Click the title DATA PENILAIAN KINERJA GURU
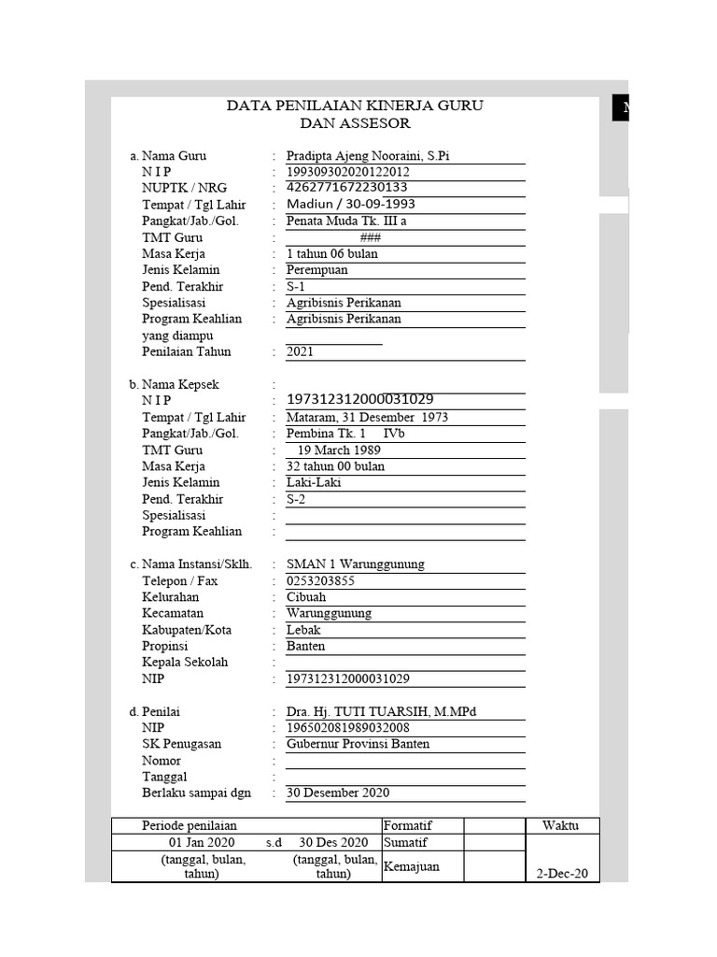pyautogui.click(x=355, y=106)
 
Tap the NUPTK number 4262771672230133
pyautogui.click(x=348, y=188)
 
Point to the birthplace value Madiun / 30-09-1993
pyautogui.click(x=350, y=205)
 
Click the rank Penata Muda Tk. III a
pyautogui.click(x=346, y=221)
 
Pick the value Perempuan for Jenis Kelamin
pyautogui.click(x=316, y=270)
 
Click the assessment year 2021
pyautogui.click(x=301, y=352)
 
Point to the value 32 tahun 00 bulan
pyautogui.click(x=335, y=466)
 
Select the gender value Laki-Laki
pyautogui.click(x=314, y=482)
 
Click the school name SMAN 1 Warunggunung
pyautogui.click(x=356, y=564)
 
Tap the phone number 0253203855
pyautogui.click(x=320, y=580)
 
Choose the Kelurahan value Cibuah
pyautogui.click(x=306, y=597)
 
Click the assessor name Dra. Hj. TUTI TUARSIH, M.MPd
pyautogui.click(x=381, y=712)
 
